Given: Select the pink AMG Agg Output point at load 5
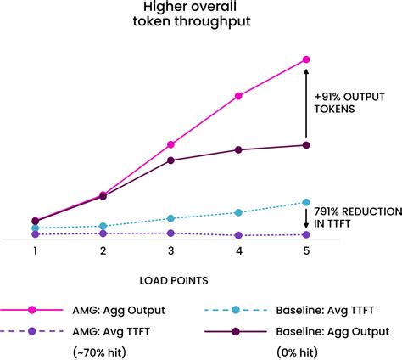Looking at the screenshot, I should coord(306,59).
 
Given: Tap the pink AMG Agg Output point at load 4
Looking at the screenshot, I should coord(238,96).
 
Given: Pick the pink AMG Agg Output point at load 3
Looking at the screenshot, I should coord(170,144).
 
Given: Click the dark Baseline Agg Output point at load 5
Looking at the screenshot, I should coord(306,145).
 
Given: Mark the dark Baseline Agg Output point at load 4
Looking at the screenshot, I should coord(238,150).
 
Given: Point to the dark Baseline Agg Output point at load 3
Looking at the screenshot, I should coord(170,160).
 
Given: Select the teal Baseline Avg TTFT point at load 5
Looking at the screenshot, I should coord(306,202).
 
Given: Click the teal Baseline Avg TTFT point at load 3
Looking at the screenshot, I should coord(170,218).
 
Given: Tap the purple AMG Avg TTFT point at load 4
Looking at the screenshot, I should coord(238,235).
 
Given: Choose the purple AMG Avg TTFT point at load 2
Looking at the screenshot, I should coord(103,233).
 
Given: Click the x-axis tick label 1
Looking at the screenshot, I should coord(35,251).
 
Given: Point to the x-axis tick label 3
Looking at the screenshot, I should coord(170,251).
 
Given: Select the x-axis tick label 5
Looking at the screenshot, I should coord(306,251).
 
